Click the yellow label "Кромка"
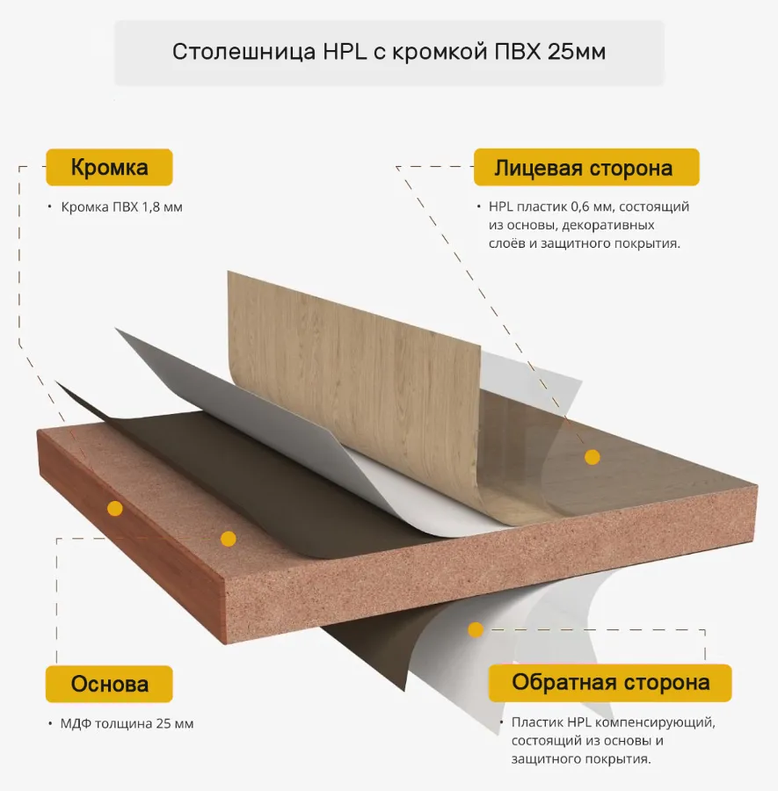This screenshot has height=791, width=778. tap(109, 167)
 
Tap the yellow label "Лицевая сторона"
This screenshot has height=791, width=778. tap(586, 167)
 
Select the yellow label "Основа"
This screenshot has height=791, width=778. tap(109, 684)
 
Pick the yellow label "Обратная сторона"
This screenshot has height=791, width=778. tap(610, 683)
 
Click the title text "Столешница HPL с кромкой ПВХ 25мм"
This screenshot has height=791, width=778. tap(389, 52)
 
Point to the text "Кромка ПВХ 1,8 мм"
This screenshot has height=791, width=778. tap(121, 207)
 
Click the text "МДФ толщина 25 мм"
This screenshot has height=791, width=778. tap(127, 723)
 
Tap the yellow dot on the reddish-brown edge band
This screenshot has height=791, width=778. tap(115, 508)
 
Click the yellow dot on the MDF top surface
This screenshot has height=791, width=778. tap(228, 539)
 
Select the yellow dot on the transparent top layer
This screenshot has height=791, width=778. tap(593, 457)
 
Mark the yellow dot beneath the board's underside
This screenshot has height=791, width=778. tap(476, 629)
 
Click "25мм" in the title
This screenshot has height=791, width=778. tap(577, 52)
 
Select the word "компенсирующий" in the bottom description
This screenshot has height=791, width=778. tap(655, 722)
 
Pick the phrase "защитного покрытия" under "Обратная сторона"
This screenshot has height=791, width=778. tap(580, 759)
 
